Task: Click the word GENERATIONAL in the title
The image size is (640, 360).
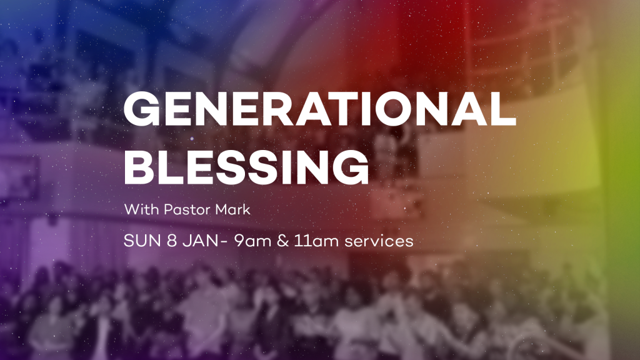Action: click(x=320, y=109)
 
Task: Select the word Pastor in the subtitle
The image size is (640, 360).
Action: click(x=187, y=210)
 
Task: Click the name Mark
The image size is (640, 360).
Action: click(x=232, y=209)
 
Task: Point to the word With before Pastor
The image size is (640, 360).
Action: click(x=142, y=209)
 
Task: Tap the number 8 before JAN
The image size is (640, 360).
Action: click(x=172, y=241)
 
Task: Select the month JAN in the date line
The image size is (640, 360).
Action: click(x=200, y=241)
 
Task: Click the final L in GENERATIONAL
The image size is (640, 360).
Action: click(x=504, y=109)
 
